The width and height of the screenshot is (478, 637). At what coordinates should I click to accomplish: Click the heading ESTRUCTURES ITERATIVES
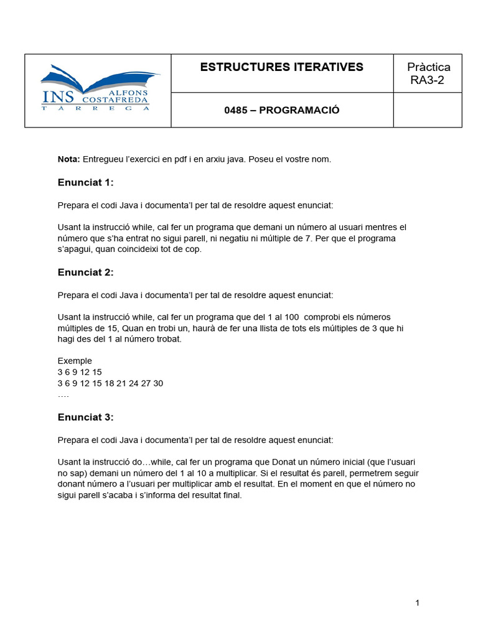click(281, 67)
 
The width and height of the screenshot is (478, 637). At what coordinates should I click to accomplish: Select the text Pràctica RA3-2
click(428, 73)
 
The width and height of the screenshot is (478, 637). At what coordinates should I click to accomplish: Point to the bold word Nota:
click(68, 159)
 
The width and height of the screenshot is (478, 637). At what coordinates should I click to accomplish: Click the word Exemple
click(75, 361)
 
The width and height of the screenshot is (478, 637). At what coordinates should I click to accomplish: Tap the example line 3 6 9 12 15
click(80, 372)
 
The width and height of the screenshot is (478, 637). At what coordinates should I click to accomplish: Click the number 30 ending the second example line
click(157, 383)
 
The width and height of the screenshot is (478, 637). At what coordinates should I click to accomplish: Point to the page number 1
click(417, 603)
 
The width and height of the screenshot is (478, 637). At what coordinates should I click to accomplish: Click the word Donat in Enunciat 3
click(284, 462)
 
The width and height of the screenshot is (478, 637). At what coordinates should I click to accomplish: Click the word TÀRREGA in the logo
click(95, 108)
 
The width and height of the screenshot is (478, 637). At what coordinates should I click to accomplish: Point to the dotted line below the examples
click(63, 395)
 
